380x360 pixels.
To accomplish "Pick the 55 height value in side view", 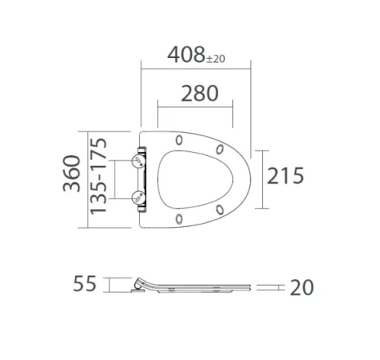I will (84, 284).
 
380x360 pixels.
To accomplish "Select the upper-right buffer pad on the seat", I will (221, 149).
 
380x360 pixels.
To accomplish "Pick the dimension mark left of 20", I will (272, 287).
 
